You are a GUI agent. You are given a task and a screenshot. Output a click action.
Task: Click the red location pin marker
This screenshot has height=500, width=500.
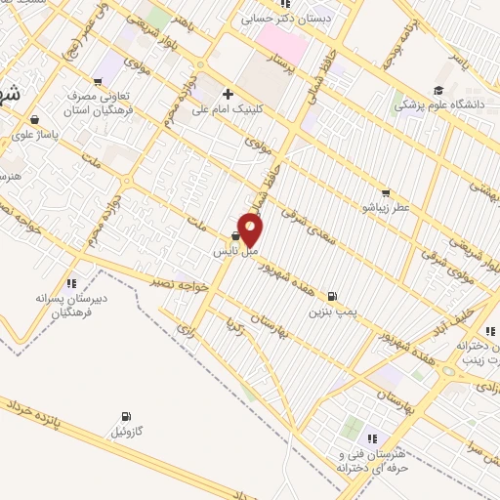pyautogui.click(x=251, y=229)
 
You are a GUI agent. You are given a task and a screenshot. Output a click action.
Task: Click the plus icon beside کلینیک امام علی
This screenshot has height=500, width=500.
pyautogui.click(x=228, y=95)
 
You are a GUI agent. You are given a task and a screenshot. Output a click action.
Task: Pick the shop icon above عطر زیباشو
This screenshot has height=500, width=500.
pyautogui.click(x=386, y=193)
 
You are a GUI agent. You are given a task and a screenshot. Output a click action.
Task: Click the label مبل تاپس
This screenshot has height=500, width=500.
pyautogui.click(x=235, y=251)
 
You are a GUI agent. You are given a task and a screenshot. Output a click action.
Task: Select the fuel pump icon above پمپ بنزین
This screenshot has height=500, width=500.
pyautogui.click(x=334, y=296)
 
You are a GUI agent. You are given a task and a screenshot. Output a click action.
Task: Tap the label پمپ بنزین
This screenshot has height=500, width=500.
pyautogui.click(x=330, y=312)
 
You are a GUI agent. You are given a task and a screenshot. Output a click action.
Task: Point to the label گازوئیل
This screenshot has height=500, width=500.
pyautogui.click(x=129, y=432)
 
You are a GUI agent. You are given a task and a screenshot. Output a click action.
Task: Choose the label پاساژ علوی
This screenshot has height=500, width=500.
pyautogui.click(x=42, y=131)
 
